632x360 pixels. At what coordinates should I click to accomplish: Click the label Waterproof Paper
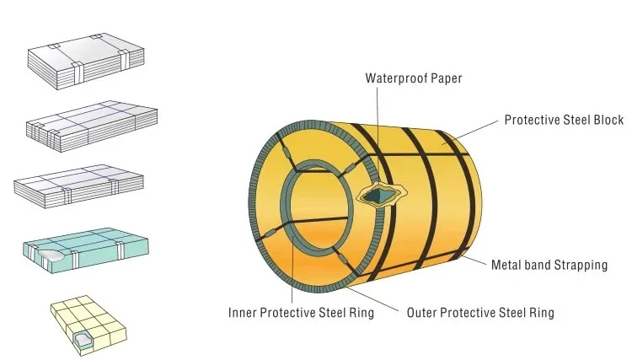point(414,78)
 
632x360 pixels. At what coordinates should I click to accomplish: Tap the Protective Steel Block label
point(564,120)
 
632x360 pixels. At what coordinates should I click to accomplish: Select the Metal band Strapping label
point(549,265)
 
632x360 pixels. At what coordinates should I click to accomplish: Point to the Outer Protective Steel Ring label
point(480,313)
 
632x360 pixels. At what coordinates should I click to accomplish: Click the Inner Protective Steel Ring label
point(301,313)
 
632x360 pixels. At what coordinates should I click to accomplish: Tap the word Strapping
point(581,265)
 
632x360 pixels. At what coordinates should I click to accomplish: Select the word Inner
point(242,313)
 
